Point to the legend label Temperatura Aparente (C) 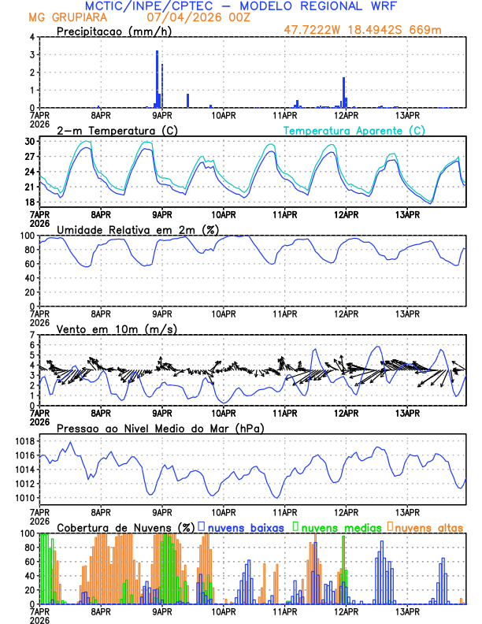coord(354,130)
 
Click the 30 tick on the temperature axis coord(29,142)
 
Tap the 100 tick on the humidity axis coord(27,236)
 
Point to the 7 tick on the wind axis coord(32,335)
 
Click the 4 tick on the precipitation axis coord(32,37)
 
